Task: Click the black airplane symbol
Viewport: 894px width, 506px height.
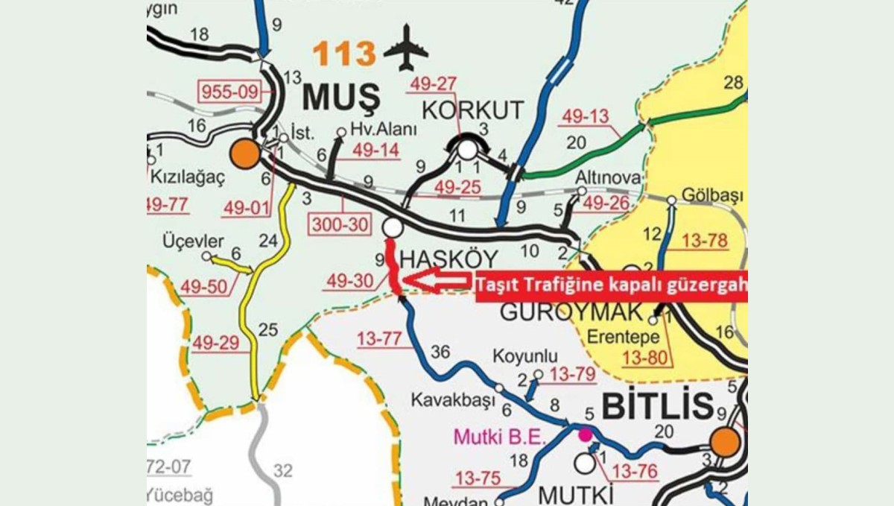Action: tap(406, 48)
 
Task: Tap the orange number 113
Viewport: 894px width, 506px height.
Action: tap(343, 54)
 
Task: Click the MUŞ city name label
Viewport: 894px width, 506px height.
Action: tap(342, 97)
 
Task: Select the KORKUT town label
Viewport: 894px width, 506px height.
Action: tap(473, 110)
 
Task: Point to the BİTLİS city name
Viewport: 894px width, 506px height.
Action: tap(656, 407)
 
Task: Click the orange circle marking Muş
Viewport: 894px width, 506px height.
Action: tap(244, 154)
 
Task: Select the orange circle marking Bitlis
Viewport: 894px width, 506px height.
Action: tap(725, 442)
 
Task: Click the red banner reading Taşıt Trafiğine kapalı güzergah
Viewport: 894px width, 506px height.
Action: tap(611, 284)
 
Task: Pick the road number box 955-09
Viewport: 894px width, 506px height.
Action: tap(229, 93)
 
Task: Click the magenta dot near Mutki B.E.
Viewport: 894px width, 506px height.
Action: tap(585, 434)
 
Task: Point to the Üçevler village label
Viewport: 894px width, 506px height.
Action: tap(193, 242)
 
